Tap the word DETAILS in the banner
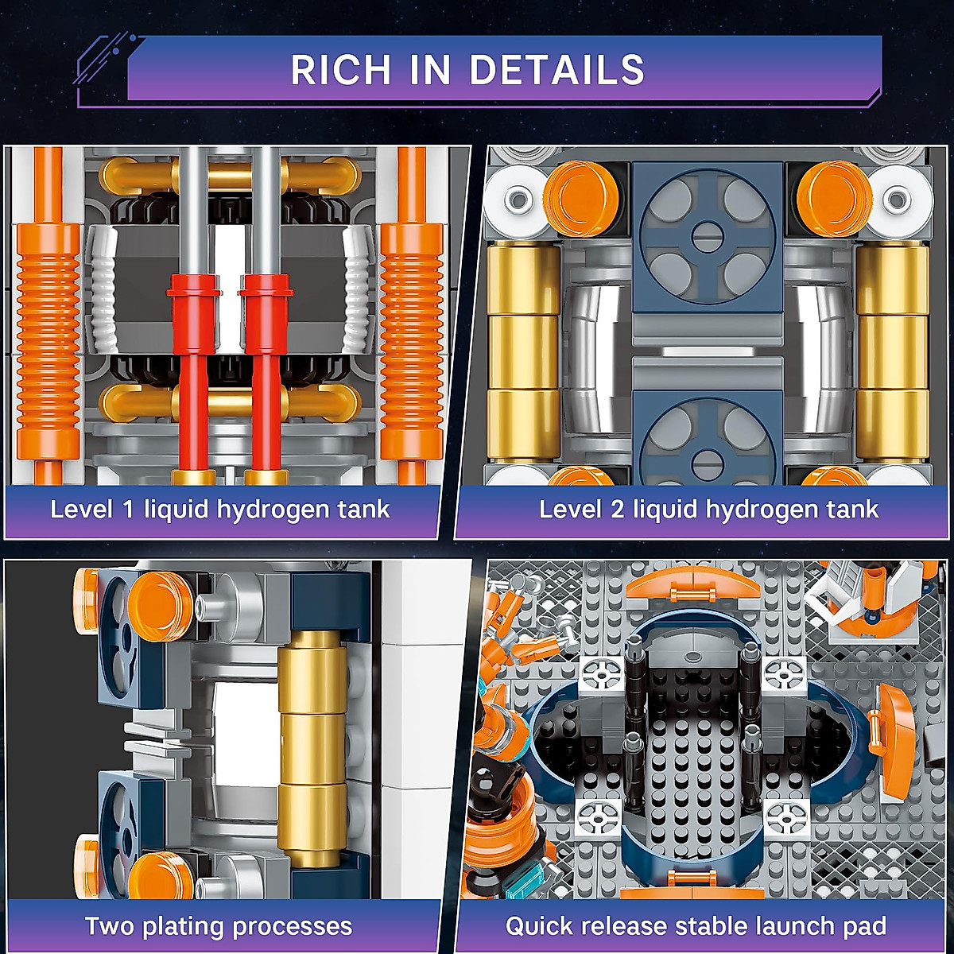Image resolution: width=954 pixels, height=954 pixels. (556, 70)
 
